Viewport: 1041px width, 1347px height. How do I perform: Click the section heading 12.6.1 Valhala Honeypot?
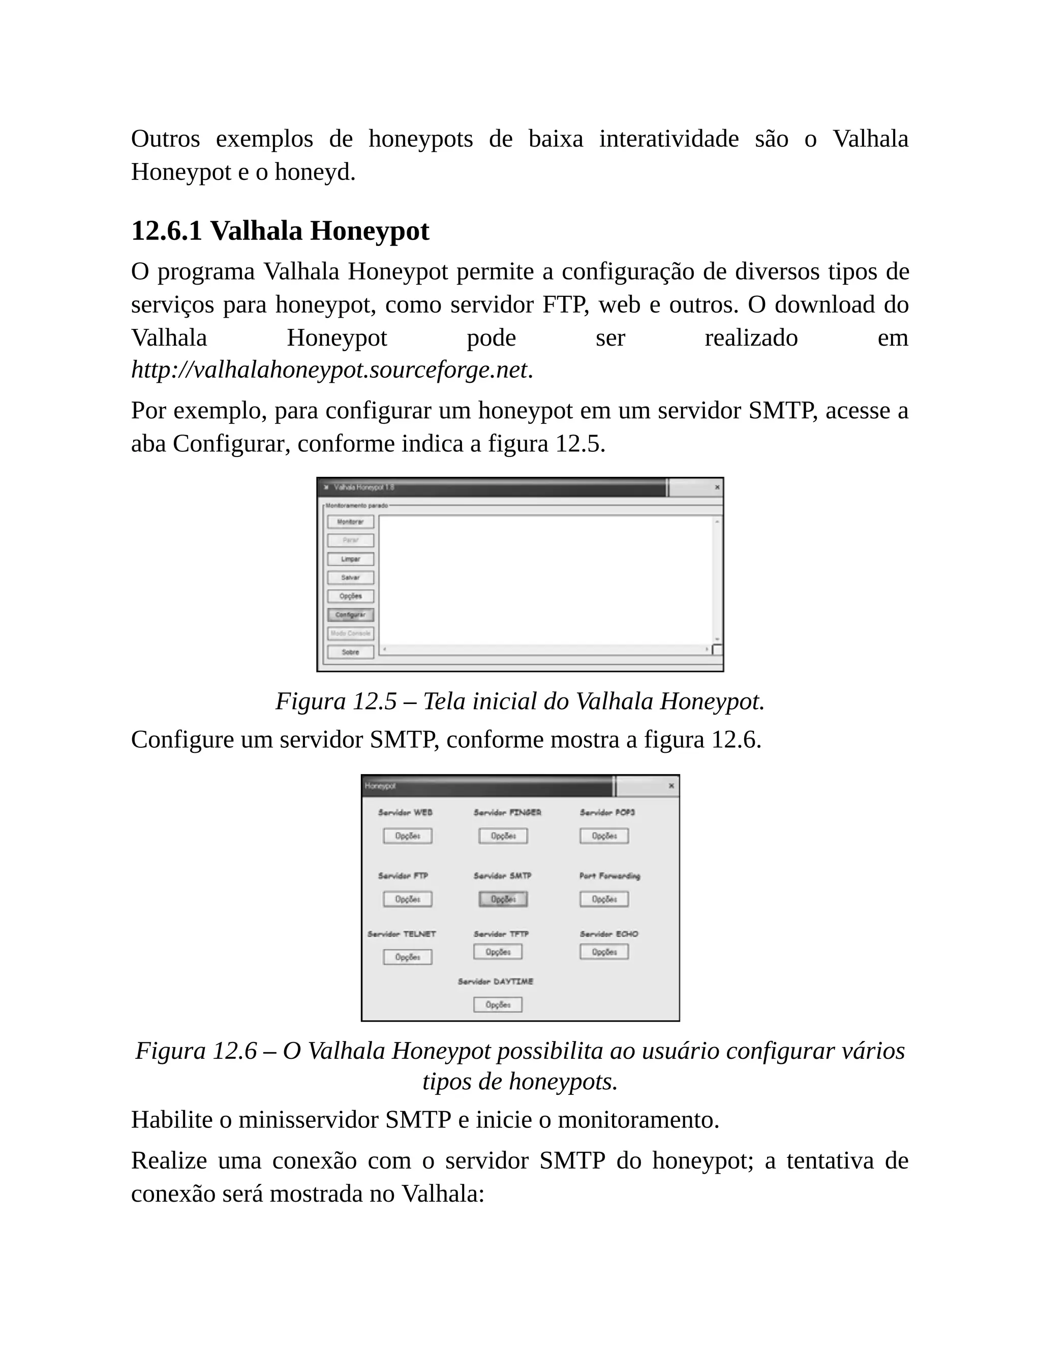click(280, 231)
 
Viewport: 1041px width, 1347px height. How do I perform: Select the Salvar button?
click(350, 578)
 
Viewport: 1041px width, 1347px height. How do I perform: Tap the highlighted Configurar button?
click(350, 615)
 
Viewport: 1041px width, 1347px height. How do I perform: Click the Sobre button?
click(350, 652)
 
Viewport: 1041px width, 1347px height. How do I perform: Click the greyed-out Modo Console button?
click(350, 633)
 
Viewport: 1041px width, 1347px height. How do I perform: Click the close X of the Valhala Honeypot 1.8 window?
click(717, 487)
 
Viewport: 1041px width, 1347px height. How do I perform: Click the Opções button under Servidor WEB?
click(407, 836)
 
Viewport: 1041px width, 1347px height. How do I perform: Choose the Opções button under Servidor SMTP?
click(503, 899)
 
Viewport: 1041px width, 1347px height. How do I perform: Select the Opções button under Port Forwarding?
click(604, 899)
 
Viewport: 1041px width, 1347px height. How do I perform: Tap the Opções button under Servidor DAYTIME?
click(497, 1005)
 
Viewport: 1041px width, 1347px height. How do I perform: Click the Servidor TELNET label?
click(402, 934)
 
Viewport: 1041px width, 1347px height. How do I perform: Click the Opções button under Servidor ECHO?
click(604, 952)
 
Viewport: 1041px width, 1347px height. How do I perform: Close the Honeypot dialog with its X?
click(671, 786)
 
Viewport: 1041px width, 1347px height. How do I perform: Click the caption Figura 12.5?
click(519, 701)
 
